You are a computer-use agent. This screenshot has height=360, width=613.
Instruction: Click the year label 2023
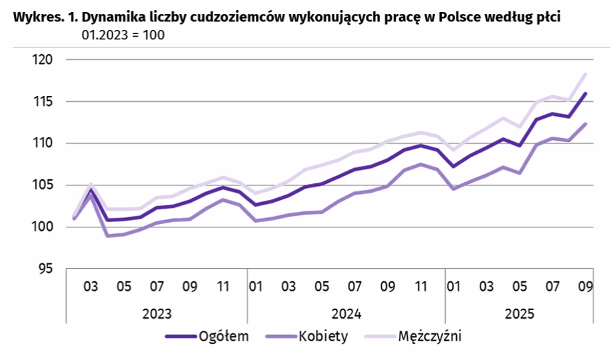[x=157, y=313]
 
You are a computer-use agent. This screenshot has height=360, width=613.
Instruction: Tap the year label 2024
[x=346, y=313]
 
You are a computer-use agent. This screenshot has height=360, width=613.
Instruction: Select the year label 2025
[x=520, y=313]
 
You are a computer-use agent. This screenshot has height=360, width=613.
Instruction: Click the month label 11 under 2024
[x=420, y=287]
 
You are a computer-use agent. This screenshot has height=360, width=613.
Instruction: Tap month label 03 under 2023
[x=91, y=287]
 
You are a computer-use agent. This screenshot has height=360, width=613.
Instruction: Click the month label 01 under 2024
[x=255, y=287]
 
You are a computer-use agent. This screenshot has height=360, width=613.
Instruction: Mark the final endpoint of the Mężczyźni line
[x=586, y=74]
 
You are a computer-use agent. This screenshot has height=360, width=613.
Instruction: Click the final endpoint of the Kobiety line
[x=586, y=123]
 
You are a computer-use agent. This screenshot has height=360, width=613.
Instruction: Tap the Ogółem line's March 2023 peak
[x=91, y=190]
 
